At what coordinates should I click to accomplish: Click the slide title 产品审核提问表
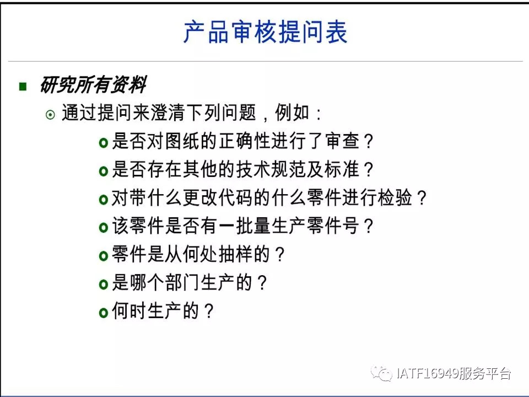click(x=265, y=32)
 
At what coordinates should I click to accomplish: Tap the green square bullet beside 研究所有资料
click(x=23, y=87)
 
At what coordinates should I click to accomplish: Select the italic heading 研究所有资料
click(x=93, y=84)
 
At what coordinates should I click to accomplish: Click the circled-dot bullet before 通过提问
click(x=50, y=115)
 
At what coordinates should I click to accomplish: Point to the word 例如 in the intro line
click(x=292, y=112)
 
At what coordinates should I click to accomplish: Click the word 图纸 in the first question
click(x=182, y=141)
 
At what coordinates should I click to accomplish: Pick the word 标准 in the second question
click(x=342, y=169)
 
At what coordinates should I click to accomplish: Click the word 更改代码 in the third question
click(x=218, y=197)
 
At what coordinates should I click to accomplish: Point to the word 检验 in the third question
click(x=395, y=197)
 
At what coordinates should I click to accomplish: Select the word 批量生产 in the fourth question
click(x=271, y=226)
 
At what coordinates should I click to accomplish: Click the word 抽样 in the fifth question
click(x=235, y=254)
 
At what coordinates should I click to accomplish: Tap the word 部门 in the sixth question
click(x=182, y=282)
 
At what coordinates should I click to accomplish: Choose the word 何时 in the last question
click(x=129, y=310)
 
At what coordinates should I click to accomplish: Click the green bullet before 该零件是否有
click(x=103, y=228)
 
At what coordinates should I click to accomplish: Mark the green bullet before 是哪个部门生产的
click(x=103, y=285)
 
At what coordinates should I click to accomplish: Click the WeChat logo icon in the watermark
click(x=381, y=373)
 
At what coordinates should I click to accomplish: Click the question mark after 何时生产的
click(x=209, y=311)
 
